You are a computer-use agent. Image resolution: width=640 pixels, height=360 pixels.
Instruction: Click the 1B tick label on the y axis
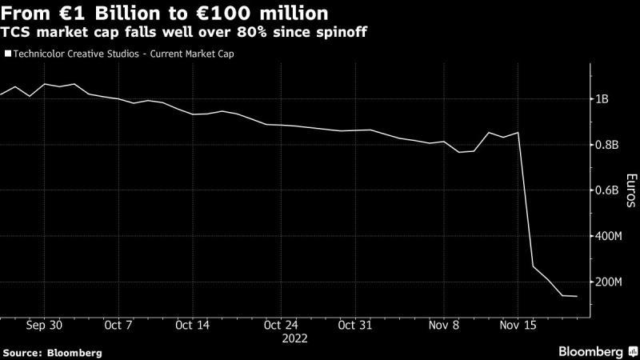602,99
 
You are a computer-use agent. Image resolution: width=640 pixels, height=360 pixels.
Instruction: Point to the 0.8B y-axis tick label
607,145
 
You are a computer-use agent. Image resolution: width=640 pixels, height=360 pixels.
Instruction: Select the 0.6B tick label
607,190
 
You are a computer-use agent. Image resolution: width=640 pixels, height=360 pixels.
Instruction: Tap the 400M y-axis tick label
609,236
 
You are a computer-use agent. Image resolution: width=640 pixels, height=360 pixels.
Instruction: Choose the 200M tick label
609,282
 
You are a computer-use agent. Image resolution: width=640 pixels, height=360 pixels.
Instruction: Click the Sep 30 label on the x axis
44,326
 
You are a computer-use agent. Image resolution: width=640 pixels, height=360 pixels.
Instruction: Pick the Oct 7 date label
118,326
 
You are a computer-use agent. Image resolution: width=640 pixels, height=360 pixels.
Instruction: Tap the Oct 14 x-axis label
192,326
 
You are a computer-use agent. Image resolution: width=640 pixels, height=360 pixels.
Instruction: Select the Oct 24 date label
281,326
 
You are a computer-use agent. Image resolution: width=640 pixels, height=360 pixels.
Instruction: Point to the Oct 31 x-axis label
355,326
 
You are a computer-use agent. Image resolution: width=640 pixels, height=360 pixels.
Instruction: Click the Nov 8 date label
444,326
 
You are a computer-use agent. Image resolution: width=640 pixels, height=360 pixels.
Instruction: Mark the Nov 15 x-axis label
518,326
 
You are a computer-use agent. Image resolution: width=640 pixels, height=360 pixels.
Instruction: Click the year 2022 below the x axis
294,338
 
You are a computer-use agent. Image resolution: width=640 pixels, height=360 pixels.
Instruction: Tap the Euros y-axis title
631,190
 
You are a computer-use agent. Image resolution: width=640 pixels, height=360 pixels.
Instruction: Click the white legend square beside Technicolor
8,54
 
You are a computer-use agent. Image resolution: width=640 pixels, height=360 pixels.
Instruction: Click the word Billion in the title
122,14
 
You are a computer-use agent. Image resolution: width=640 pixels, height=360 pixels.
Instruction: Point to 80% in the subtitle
251,32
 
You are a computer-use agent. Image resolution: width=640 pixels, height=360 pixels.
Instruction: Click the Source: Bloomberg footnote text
52,353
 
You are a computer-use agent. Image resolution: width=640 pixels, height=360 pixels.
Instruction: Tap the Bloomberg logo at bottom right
598,352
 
